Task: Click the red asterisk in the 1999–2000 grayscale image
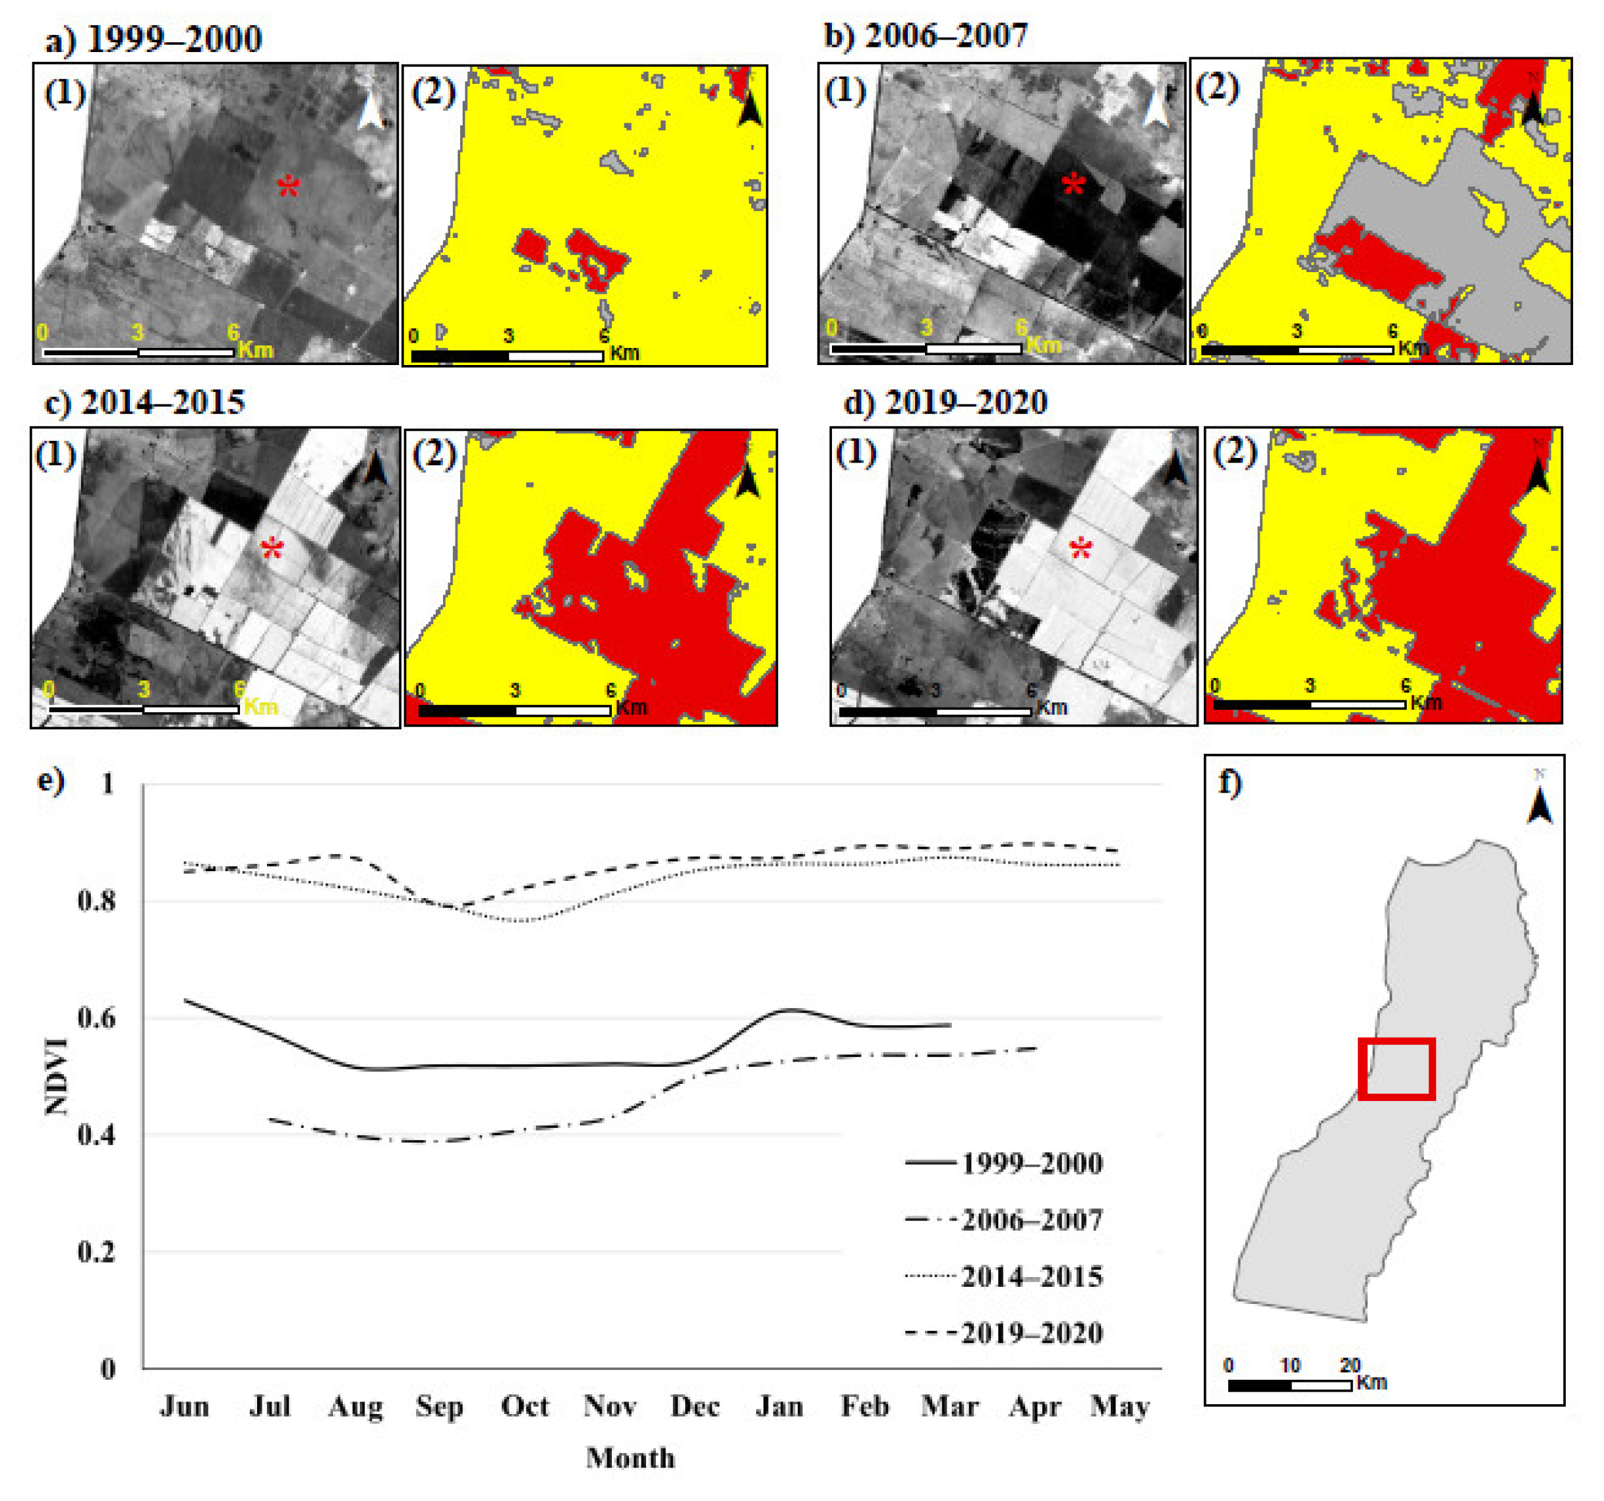pos(288,187)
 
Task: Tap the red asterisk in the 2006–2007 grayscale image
pos(1073,186)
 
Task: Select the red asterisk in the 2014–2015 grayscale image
pos(273,550)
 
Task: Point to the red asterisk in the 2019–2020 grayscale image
pos(1081,550)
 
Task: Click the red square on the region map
pos(1396,1069)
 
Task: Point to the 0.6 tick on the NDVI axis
pos(97,1018)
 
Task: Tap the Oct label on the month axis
pos(524,1407)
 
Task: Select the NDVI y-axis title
pos(57,1077)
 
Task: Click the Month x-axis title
pos(630,1458)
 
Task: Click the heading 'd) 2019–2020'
pos(945,402)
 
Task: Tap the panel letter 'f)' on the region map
pos(1230,781)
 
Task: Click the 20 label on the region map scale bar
pos(1350,1365)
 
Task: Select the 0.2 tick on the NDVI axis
pos(97,1253)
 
